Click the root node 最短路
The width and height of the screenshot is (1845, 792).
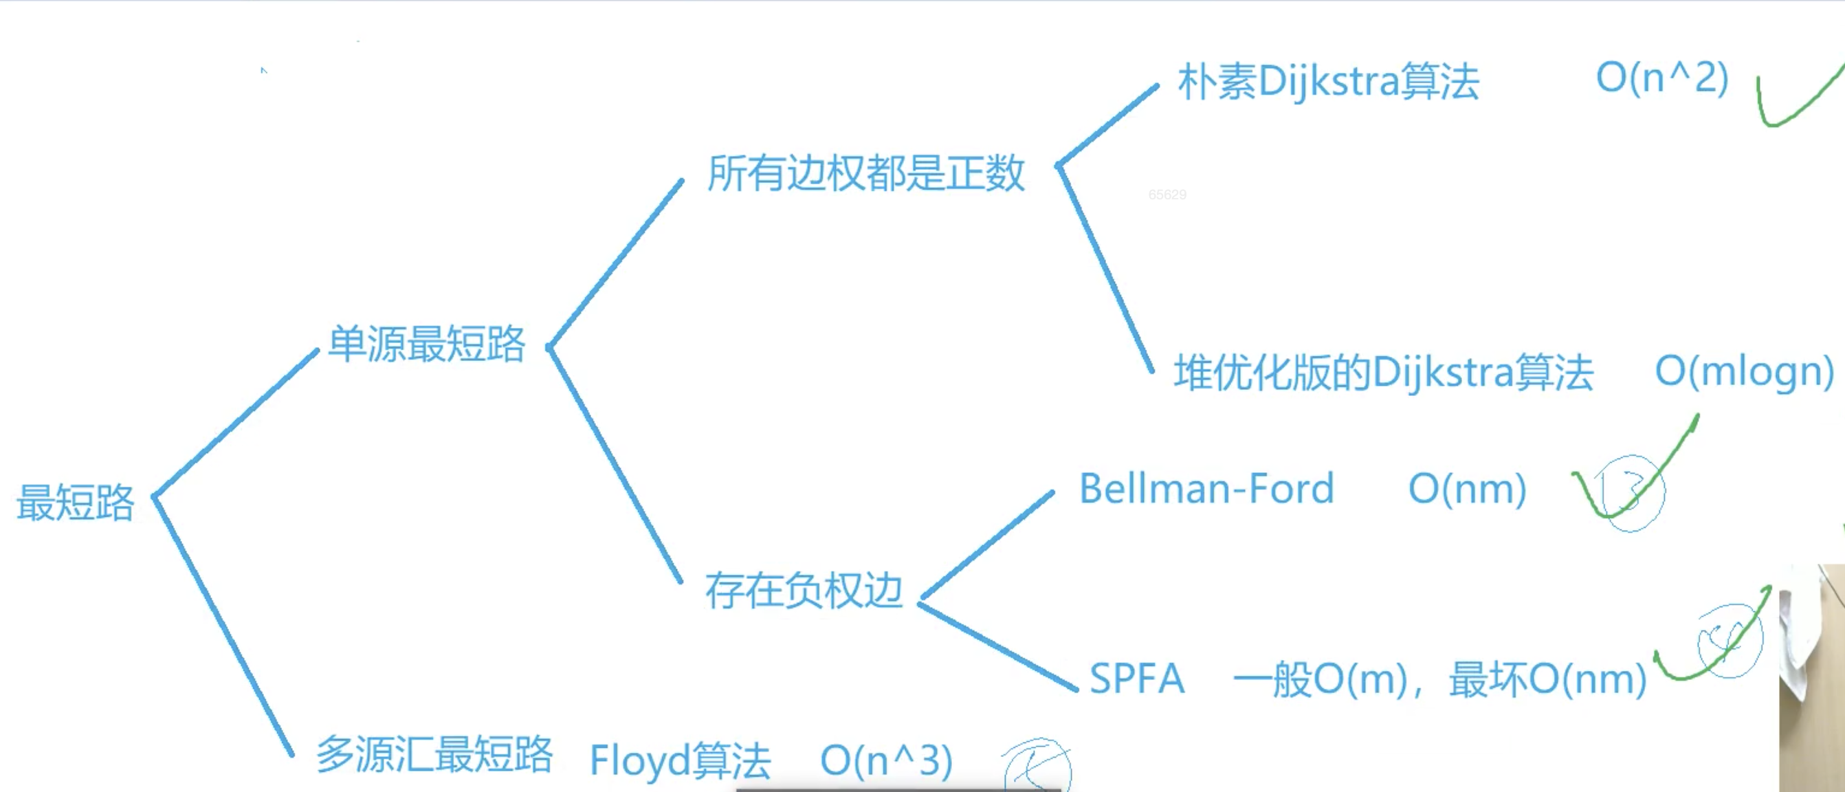click(x=75, y=503)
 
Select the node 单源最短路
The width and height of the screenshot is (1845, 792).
click(x=427, y=344)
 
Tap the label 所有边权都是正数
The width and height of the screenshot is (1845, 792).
click(x=866, y=173)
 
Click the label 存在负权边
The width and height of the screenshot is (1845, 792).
click(x=804, y=591)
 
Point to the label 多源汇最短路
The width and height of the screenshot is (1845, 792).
click(x=434, y=755)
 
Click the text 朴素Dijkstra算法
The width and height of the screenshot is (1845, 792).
click(x=1329, y=82)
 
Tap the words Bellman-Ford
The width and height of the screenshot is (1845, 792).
click(x=1207, y=489)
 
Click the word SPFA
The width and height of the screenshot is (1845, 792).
click(x=1137, y=679)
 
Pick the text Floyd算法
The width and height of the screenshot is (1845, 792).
click(x=680, y=760)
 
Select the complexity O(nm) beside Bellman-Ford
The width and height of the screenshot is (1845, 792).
click(x=1468, y=489)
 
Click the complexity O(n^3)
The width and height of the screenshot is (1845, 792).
click(x=887, y=760)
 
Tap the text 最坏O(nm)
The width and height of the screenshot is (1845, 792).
click(x=1548, y=679)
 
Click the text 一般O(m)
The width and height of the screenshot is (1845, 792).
click(x=1320, y=679)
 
